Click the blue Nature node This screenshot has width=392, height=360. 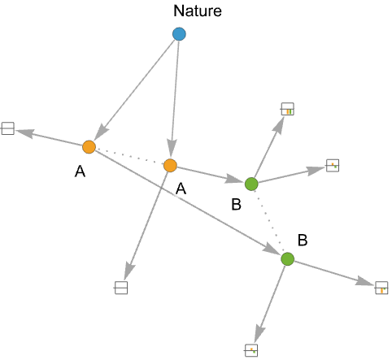(x=179, y=34)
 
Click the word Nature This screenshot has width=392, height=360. (x=198, y=11)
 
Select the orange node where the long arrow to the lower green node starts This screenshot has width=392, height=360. (x=89, y=147)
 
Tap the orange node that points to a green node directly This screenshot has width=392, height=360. (x=170, y=166)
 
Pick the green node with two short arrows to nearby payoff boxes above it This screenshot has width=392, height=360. (x=251, y=184)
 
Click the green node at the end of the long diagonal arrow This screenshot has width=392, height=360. (x=288, y=259)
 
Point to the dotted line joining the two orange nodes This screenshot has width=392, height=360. (x=129, y=156)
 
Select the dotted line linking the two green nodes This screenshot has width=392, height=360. (x=269, y=222)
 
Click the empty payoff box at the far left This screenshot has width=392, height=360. (x=7, y=128)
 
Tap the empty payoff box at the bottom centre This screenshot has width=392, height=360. (x=121, y=288)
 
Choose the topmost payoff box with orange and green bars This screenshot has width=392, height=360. (x=287, y=109)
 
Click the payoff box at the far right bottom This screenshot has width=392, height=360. (x=381, y=288)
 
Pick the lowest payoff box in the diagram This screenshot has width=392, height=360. (x=251, y=350)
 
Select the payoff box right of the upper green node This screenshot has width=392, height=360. (x=333, y=166)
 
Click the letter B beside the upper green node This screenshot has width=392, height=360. (x=237, y=205)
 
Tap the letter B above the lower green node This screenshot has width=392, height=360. (x=303, y=240)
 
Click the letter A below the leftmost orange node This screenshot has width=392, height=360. (x=80, y=171)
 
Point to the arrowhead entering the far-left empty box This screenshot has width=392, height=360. (x=25, y=132)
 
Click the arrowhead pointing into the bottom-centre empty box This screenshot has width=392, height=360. (x=128, y=271)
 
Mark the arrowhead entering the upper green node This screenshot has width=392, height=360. (x=233, y=180)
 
